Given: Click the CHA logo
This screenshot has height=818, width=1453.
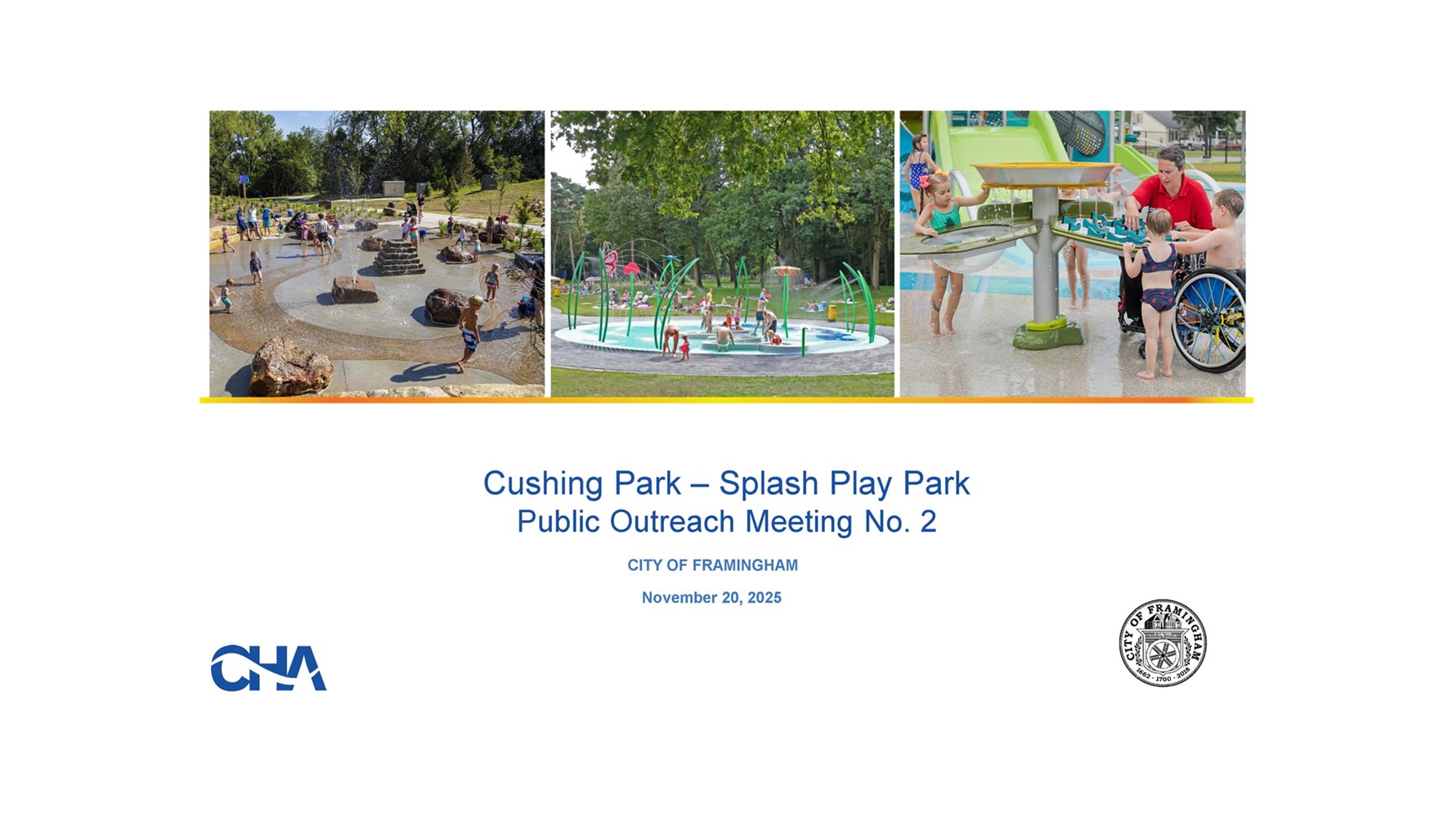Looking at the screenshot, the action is [x=268, y=667].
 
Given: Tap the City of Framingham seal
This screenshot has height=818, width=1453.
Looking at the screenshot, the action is [x=1162, y=642].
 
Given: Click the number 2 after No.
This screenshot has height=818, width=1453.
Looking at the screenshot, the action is [x=928, y=522].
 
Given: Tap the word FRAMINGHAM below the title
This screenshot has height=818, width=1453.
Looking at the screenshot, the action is [x=745, y=565].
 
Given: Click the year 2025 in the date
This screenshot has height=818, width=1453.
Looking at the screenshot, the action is [x=765, y=598].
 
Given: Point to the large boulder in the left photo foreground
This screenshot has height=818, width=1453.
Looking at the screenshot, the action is [x=290, y=368].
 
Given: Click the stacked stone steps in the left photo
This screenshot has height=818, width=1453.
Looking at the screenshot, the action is [x=399, y=258].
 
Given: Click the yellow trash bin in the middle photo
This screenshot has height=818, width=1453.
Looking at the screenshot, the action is [x=832, y=311].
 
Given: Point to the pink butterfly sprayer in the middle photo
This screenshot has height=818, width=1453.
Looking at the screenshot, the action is [x=608, y=262].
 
